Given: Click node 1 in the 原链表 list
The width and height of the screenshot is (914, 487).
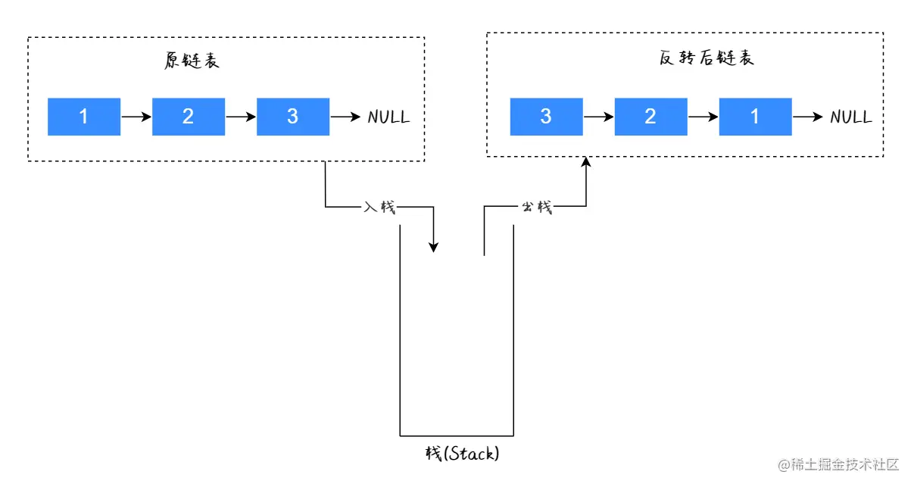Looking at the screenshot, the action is tap(84, 117).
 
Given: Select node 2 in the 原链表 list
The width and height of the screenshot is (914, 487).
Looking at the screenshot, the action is tap(189, 117).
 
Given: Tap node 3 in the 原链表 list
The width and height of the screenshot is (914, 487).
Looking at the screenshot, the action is tap(293, 117).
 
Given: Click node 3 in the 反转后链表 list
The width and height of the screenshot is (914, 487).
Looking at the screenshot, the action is tap(547, 117).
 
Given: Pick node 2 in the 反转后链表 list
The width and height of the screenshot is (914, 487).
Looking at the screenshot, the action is tap(650, 117).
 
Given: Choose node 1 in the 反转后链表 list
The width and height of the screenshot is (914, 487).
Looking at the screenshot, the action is tap(755, 117).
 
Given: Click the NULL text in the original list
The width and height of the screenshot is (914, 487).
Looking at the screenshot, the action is tap(388, 117).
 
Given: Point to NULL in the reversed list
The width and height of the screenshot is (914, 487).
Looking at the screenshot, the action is tap(851, 117).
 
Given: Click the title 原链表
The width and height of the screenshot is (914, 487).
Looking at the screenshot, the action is tap(192, 61).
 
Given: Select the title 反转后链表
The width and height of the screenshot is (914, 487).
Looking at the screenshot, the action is tap(707, 58).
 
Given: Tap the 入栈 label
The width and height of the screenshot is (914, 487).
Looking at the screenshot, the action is tap(379, 207).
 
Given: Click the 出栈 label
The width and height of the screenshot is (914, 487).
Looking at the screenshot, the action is tap(537, 207).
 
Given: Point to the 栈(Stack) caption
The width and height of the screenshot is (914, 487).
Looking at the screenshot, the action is tap(462, 454).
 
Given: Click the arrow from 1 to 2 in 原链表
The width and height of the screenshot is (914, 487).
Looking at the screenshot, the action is tap(136, 117).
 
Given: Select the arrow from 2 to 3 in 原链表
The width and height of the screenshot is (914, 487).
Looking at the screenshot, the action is tap(241, 117).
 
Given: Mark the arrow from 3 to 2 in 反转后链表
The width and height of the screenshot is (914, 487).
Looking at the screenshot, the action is tap(598, 117).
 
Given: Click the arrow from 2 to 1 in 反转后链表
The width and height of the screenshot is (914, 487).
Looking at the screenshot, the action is tap(703, 117).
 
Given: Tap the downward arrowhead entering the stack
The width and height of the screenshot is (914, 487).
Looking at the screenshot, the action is tap(433, 247).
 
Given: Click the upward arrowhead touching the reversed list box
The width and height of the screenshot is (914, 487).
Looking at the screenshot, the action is tap(586, 162).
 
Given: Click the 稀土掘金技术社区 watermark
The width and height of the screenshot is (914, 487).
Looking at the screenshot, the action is tap(838, 464).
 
